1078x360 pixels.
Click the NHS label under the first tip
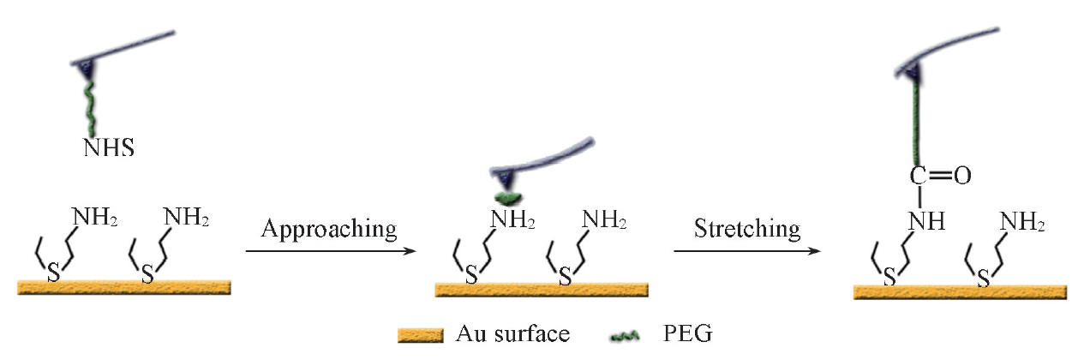108,148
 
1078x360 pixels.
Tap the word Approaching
329,230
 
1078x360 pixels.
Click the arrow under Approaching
330,251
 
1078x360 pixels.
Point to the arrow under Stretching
747,251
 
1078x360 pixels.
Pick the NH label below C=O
926,221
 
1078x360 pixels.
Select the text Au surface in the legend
512,333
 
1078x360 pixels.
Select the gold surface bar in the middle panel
542,289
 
